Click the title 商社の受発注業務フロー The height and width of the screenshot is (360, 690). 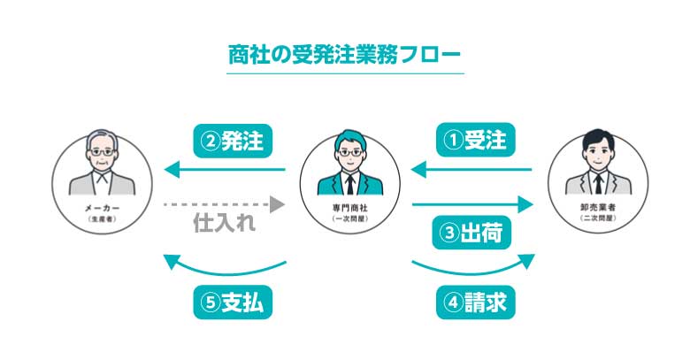[345, 54]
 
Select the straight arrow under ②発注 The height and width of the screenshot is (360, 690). [225, 168]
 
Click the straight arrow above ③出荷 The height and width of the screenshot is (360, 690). [473, 205]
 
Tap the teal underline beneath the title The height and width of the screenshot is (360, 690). [345, 73]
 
